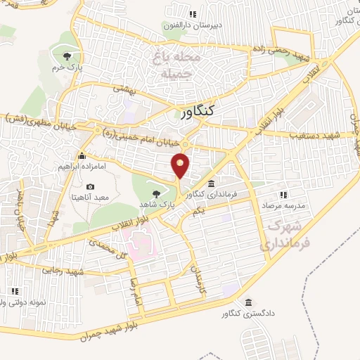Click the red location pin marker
(x=181, y=165)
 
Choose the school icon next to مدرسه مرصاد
(x=283, y=195)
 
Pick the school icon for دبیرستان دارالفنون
(x=192, y=14)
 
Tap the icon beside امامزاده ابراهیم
(x=83, y=155)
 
